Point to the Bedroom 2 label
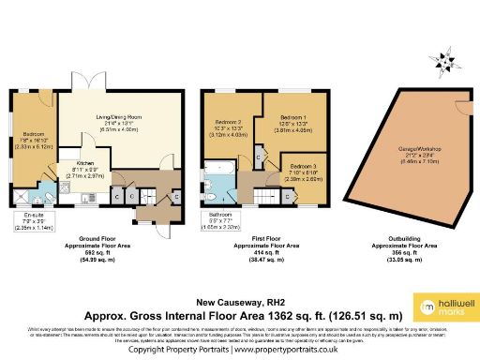pos(231,128)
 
